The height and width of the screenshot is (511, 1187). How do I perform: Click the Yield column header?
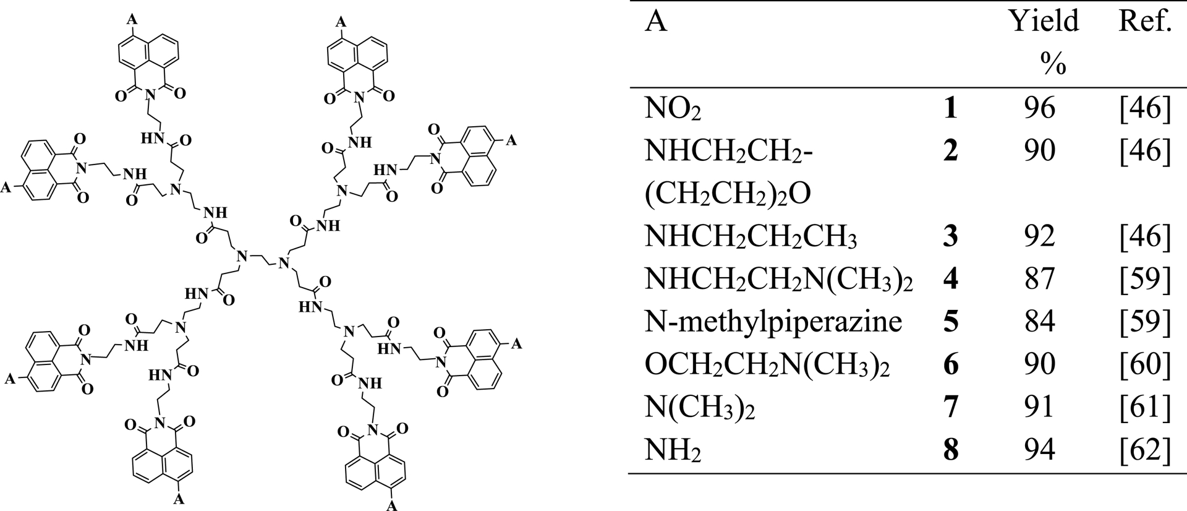(1044, 41)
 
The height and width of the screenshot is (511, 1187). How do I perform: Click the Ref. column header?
(1146, 22)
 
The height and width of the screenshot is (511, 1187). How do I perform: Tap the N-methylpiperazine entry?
(773, 322)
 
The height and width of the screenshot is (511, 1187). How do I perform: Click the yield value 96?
(1039, 108)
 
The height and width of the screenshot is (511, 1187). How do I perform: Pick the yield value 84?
(1039, 322)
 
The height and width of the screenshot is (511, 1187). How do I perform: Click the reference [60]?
(1146, 364)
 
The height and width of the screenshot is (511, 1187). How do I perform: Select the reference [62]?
(1146, 450)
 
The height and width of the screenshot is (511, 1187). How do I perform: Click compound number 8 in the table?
(950, 450)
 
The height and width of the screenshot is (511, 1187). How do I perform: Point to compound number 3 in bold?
(950, 236)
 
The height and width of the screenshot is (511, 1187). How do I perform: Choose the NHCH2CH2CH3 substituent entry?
(751, 238)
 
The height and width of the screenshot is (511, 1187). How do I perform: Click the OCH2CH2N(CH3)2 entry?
(767, 366)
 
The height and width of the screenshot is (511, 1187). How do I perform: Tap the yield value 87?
(1039, 279)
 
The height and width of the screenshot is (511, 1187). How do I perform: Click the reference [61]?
(1146, 407)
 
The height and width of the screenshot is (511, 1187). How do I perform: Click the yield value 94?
(1039, 450)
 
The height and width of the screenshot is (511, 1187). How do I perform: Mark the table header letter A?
(657, 22)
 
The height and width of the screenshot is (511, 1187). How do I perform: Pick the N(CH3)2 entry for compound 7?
(701, 408)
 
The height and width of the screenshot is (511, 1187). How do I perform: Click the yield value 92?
(1039, 236)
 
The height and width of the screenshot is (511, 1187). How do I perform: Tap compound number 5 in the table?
(950, 322)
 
